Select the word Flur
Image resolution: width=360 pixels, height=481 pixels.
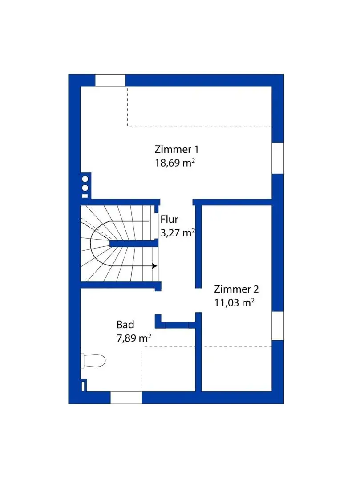169,219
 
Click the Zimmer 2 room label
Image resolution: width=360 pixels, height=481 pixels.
236,289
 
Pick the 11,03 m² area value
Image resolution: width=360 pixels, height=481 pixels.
234,303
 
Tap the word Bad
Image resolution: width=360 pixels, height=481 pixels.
125,324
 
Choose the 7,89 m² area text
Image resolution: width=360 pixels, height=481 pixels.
133,338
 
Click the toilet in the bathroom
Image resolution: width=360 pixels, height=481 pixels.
94,360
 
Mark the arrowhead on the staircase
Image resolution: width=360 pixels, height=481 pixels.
154,266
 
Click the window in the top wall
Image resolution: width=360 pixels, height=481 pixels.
110,81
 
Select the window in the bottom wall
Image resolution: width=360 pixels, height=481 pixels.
126,397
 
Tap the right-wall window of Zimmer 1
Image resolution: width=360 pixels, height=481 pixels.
278,158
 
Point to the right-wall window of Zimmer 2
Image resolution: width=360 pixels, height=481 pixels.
278,326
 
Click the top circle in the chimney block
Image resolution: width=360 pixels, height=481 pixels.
85,179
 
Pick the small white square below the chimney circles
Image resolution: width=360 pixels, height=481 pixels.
85,195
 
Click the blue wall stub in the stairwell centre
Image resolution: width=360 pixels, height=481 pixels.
133,243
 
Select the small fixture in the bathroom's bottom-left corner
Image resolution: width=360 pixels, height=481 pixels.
83,385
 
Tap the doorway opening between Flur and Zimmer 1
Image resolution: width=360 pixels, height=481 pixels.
176,202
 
